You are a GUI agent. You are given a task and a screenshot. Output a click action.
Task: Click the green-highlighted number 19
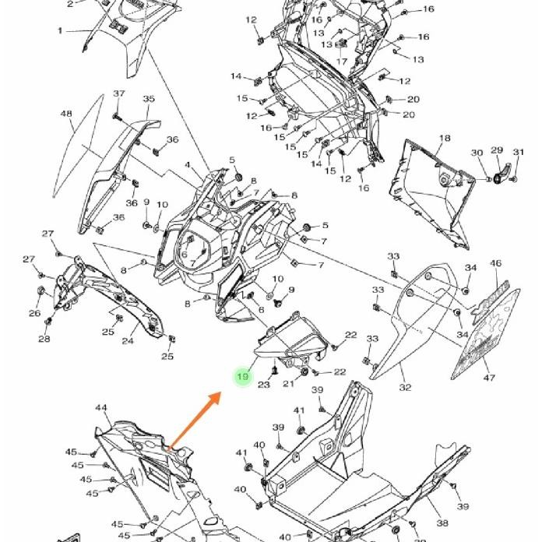[243, 377]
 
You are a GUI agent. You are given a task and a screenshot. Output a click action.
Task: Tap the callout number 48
[66, 114]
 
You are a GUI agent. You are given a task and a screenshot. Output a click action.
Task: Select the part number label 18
[444, 139]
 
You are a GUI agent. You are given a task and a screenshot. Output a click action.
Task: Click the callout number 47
[489, 378]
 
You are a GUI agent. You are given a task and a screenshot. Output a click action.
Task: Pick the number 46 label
[496, 264]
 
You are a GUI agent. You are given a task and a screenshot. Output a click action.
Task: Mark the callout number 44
[101, 408]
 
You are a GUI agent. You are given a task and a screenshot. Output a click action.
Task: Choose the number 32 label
[405, 387]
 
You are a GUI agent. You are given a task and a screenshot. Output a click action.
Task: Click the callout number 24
[127, 340]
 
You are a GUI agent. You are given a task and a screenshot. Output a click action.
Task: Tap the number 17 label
[342, 62]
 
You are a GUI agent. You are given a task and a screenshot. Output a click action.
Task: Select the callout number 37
[118, 94]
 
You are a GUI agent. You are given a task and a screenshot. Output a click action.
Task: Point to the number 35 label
[149, 100]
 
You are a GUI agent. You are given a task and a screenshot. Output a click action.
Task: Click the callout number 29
[496, 150]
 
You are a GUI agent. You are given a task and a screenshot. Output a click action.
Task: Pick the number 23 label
[264, 385]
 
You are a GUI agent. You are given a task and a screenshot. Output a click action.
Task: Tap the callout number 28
[44, 339]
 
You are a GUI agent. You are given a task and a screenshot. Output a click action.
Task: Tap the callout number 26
[34, 314]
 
